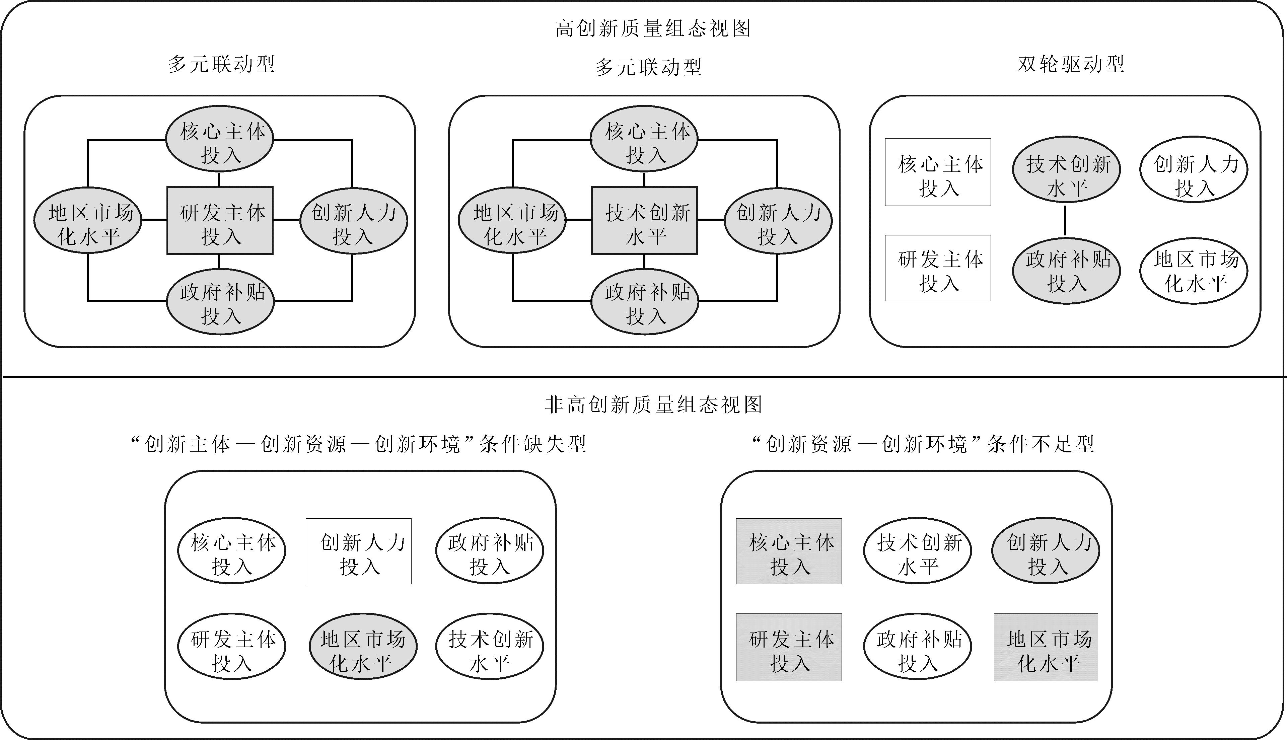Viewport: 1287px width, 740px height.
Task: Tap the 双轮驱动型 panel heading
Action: [x=1070, y=64]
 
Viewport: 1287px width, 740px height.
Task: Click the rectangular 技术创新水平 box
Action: [x=645, y=220]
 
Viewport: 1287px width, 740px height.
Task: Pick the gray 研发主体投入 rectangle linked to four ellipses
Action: [x=220, y=220]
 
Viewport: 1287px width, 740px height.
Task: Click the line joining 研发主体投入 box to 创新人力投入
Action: [x=287, y=220]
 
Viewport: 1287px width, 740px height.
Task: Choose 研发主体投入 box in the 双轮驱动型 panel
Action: [x=938, y=268]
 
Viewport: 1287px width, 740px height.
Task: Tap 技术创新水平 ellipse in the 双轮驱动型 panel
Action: [x=1066, y=169]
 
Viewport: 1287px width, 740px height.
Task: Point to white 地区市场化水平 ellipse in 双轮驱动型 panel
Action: [x=1194, y=271]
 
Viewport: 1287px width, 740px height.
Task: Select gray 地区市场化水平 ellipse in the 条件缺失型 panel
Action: [x=363, y=647]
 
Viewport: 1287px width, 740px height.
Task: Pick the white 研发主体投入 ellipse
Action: [x=231, y=647]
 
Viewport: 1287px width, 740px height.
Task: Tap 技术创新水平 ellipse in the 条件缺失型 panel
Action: [x=490, y=647]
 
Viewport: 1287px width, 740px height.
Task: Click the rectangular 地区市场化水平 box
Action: [x=1046, y=647]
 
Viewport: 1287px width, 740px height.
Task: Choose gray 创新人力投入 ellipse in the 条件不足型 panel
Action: [x=1046, y=550]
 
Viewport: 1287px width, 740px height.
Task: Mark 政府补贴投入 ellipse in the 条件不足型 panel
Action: [x=918, y=647]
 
